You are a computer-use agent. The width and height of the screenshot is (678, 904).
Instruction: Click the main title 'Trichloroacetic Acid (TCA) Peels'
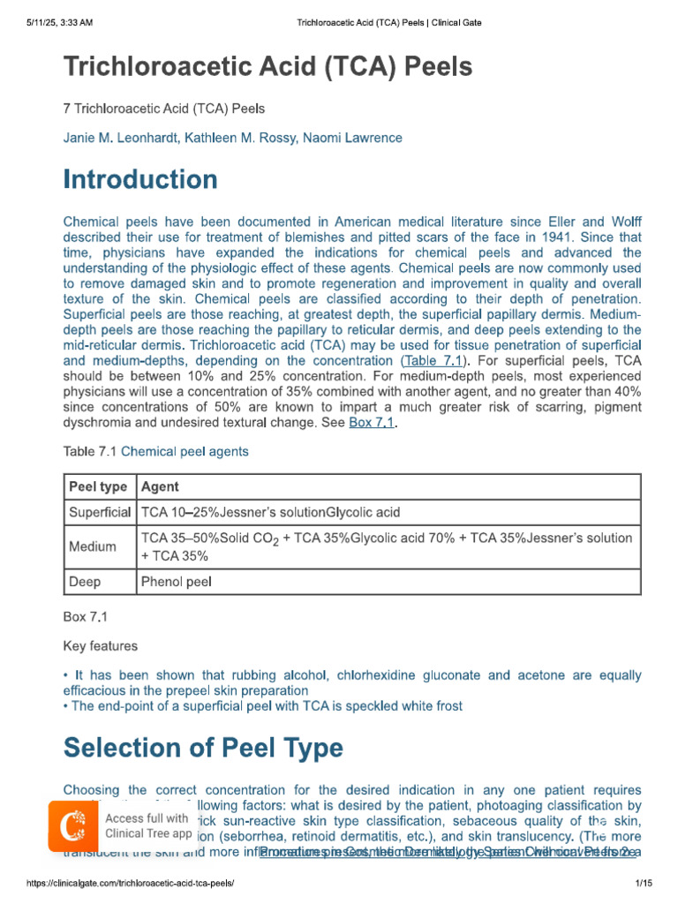click(267, 66)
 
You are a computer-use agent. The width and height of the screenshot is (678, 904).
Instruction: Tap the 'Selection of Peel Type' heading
click(203, 748)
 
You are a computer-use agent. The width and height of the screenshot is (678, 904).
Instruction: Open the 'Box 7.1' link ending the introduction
click(373, 423)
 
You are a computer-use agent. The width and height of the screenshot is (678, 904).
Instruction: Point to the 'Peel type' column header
click(98, 486)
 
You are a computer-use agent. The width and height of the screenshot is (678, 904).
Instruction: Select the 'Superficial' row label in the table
click(100, 512)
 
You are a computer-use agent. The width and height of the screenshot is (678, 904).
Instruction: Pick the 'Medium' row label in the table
click(93, 546)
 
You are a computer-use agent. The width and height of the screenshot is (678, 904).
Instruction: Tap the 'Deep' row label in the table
click(85, 582)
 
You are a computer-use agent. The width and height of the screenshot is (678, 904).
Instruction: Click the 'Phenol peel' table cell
click(176, 582)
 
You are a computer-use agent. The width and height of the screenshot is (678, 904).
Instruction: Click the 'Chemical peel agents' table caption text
click(185, 451)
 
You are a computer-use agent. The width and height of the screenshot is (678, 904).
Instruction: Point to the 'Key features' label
click(101, 646)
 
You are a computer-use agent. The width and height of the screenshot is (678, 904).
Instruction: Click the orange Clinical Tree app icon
click(73, 826)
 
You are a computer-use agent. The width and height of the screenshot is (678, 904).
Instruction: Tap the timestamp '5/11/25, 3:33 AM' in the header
click(59, 20)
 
